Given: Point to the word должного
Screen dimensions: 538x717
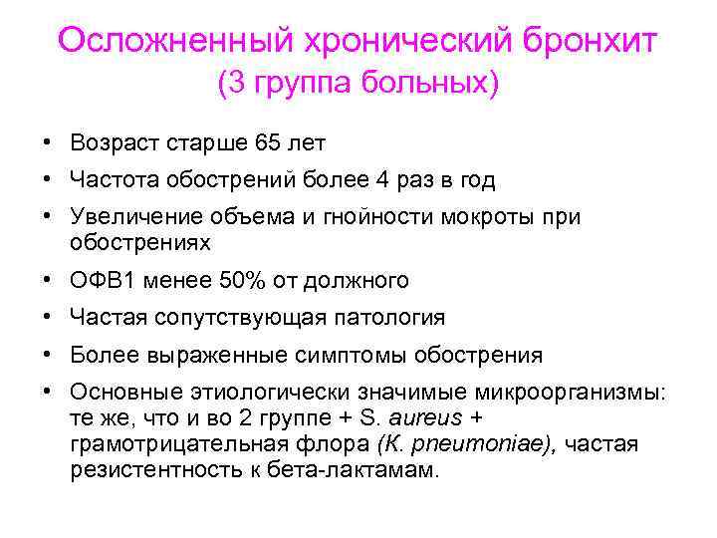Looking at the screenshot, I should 359,281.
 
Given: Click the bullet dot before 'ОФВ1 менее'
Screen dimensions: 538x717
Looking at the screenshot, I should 48,281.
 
